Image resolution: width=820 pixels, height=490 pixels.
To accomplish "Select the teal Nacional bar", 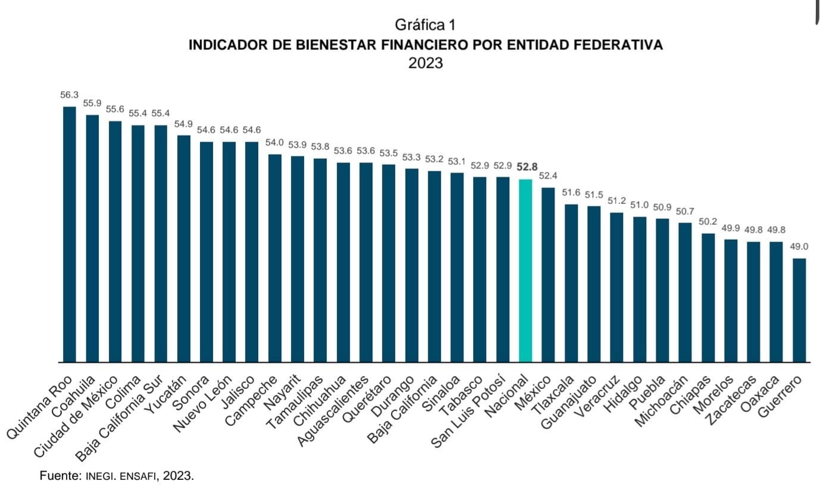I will [525, 270].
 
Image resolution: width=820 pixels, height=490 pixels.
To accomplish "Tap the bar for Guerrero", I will [799, 309].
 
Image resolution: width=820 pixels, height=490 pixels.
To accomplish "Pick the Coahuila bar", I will [92, 238].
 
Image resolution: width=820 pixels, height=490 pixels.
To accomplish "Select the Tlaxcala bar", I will [571, 282].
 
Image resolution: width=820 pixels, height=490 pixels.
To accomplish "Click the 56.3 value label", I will [69, 95].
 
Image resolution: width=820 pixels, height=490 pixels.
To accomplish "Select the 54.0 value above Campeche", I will [274, 143].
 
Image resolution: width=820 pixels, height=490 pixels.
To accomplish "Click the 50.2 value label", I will [708, 222].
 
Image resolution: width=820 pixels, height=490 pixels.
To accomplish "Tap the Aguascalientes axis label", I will [334, 413].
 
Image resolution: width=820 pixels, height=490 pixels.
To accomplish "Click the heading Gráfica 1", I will [425, 25].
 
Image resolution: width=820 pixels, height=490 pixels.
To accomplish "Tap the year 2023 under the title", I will [425, 63].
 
